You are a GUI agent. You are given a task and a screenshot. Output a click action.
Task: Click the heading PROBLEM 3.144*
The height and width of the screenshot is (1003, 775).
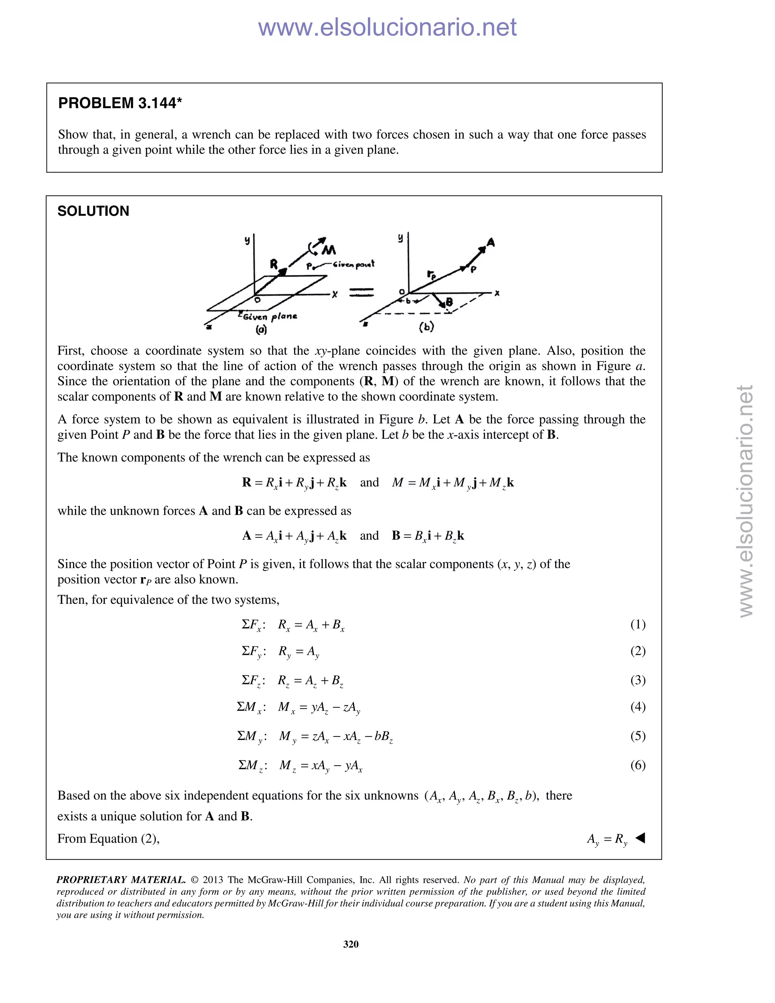[x=120, y=103]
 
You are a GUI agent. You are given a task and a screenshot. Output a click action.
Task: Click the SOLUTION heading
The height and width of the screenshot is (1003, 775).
[x=93, y=211]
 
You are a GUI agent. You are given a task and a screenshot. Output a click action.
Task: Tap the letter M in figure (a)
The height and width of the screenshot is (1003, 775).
[x=329, y=250]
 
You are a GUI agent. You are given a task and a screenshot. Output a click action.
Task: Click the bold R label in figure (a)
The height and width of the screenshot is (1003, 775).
[x=274, y=264]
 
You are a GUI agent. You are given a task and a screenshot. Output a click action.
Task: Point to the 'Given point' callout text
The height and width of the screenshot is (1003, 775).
[x=353, y=264]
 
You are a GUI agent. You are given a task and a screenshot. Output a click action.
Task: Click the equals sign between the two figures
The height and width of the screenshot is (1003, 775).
[x=362, y=292]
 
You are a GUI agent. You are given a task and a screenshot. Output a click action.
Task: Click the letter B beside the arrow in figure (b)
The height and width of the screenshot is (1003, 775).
[x=449, y=302]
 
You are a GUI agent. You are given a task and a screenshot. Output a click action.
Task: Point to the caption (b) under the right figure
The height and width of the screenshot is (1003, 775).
[x=426, y=327]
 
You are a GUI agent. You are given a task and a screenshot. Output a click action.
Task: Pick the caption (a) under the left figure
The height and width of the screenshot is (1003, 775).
[x=261, y=329]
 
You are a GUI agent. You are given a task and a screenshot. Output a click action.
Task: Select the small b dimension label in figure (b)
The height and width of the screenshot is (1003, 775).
[x=408, y=301]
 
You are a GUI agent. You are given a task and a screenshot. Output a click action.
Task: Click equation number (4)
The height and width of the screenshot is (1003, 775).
[x=638, y=706]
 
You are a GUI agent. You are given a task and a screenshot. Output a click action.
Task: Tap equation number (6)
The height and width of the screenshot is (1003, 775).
[x=638, y=765]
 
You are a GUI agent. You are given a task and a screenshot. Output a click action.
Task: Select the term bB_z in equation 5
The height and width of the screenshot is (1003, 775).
[x=383, y=737]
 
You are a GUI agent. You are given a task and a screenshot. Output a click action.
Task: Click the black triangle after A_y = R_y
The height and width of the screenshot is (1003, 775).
[x=641, y=838]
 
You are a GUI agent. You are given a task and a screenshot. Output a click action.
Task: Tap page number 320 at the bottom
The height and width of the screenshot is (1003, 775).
[x=351, y=944]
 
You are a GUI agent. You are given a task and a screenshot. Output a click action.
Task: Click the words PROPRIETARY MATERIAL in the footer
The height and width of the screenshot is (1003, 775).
[x=121, y=880]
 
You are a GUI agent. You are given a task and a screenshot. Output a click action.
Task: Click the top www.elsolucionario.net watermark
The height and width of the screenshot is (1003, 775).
[x=387, y=28]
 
